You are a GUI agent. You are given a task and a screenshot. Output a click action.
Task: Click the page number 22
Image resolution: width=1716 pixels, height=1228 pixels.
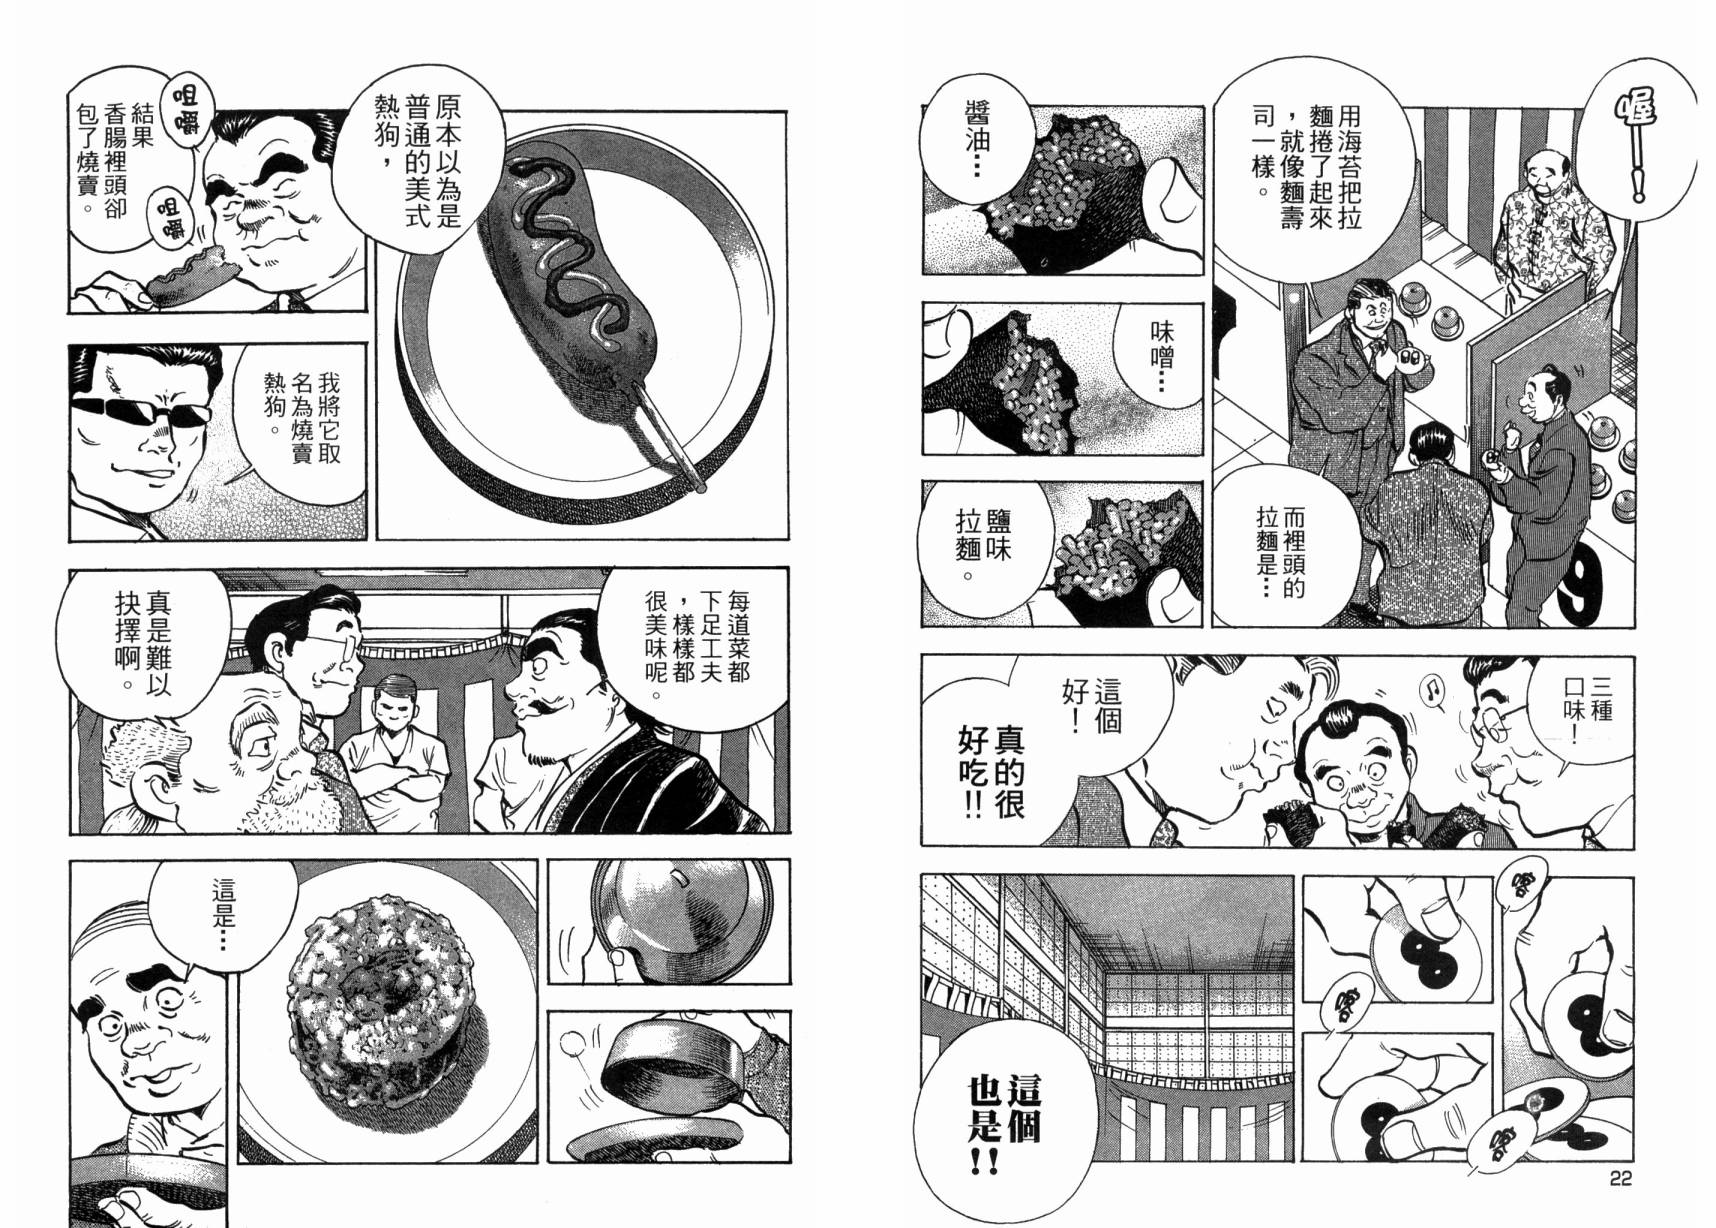pyautogui.click(x=1620, y=1179)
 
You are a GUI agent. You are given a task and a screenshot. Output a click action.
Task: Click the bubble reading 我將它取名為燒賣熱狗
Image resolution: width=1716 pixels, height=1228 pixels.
pyautogui.click(x=300, y=420)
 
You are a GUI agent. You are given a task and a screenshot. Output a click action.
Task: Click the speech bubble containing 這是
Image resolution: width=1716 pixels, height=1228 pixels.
pyautogui.click(x=222, y=910)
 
